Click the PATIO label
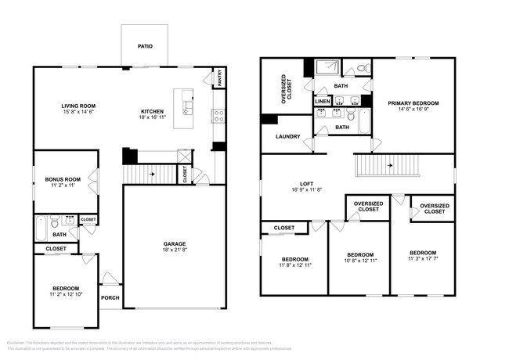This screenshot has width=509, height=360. [x=146, y=46]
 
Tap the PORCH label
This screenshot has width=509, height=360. [x=110, y=297]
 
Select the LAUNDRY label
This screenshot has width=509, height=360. [x=288, y=137]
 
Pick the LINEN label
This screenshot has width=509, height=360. [x=323, y=102]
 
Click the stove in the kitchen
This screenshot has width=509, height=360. [x=218, y=116]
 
